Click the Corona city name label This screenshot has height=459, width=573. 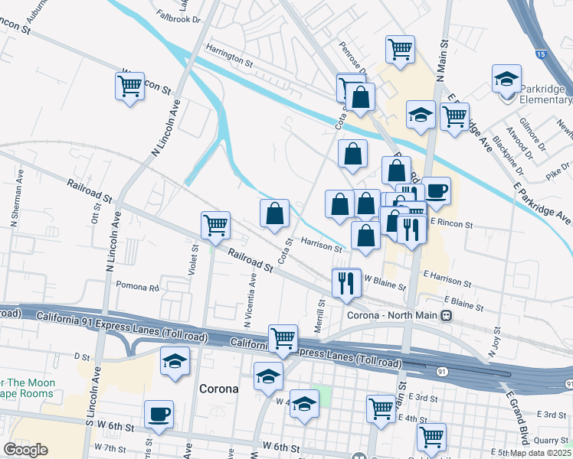click(x=218, y=388)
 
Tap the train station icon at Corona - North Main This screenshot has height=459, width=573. click(x=454, y=315)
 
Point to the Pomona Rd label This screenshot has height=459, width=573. click(x=136, y=288)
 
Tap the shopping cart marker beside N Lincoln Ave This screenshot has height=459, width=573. click(x=130, y=86)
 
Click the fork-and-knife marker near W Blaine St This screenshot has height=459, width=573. click(x=346, y=283)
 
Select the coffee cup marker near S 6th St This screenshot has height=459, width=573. click(x=159, y=415)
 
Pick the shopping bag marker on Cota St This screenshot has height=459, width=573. click(x=274, y=215)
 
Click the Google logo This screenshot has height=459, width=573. click(x=25, y=450)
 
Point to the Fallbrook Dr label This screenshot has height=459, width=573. click(x=177, y=15)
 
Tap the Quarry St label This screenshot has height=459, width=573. click(x=551, y=440)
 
